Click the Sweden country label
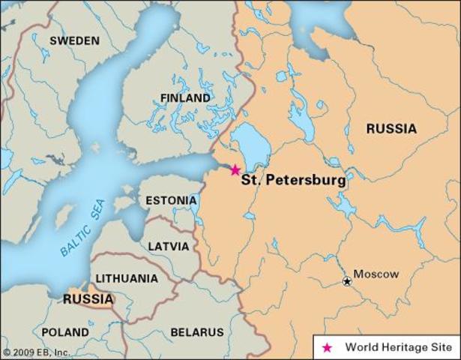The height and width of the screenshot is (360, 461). tap(74, 40)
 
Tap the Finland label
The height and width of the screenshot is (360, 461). tap(185, 98)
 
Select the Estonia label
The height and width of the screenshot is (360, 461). tap(171, 201)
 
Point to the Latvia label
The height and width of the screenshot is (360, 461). tap(169, 245)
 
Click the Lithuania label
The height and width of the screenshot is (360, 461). tap(127, 278)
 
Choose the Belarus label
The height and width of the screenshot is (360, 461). tap(197, 331)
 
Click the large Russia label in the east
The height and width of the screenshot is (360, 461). tap(391, 129)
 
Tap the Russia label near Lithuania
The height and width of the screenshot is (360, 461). tap(88, 300)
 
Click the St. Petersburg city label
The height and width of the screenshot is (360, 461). tap(293, 181)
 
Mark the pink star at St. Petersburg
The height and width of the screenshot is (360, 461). tap(235, 170)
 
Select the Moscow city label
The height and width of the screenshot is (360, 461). tap(376, 274)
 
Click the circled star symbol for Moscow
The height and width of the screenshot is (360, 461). tap(347, 281)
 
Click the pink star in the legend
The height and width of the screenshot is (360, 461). tap(327, 347)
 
